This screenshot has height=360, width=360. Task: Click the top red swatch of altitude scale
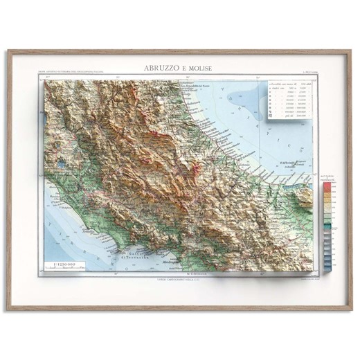[x=327, y=186]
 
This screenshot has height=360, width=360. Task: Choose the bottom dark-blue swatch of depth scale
[x=327, y=266]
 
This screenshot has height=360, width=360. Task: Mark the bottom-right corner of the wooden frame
[x=352, y=309]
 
